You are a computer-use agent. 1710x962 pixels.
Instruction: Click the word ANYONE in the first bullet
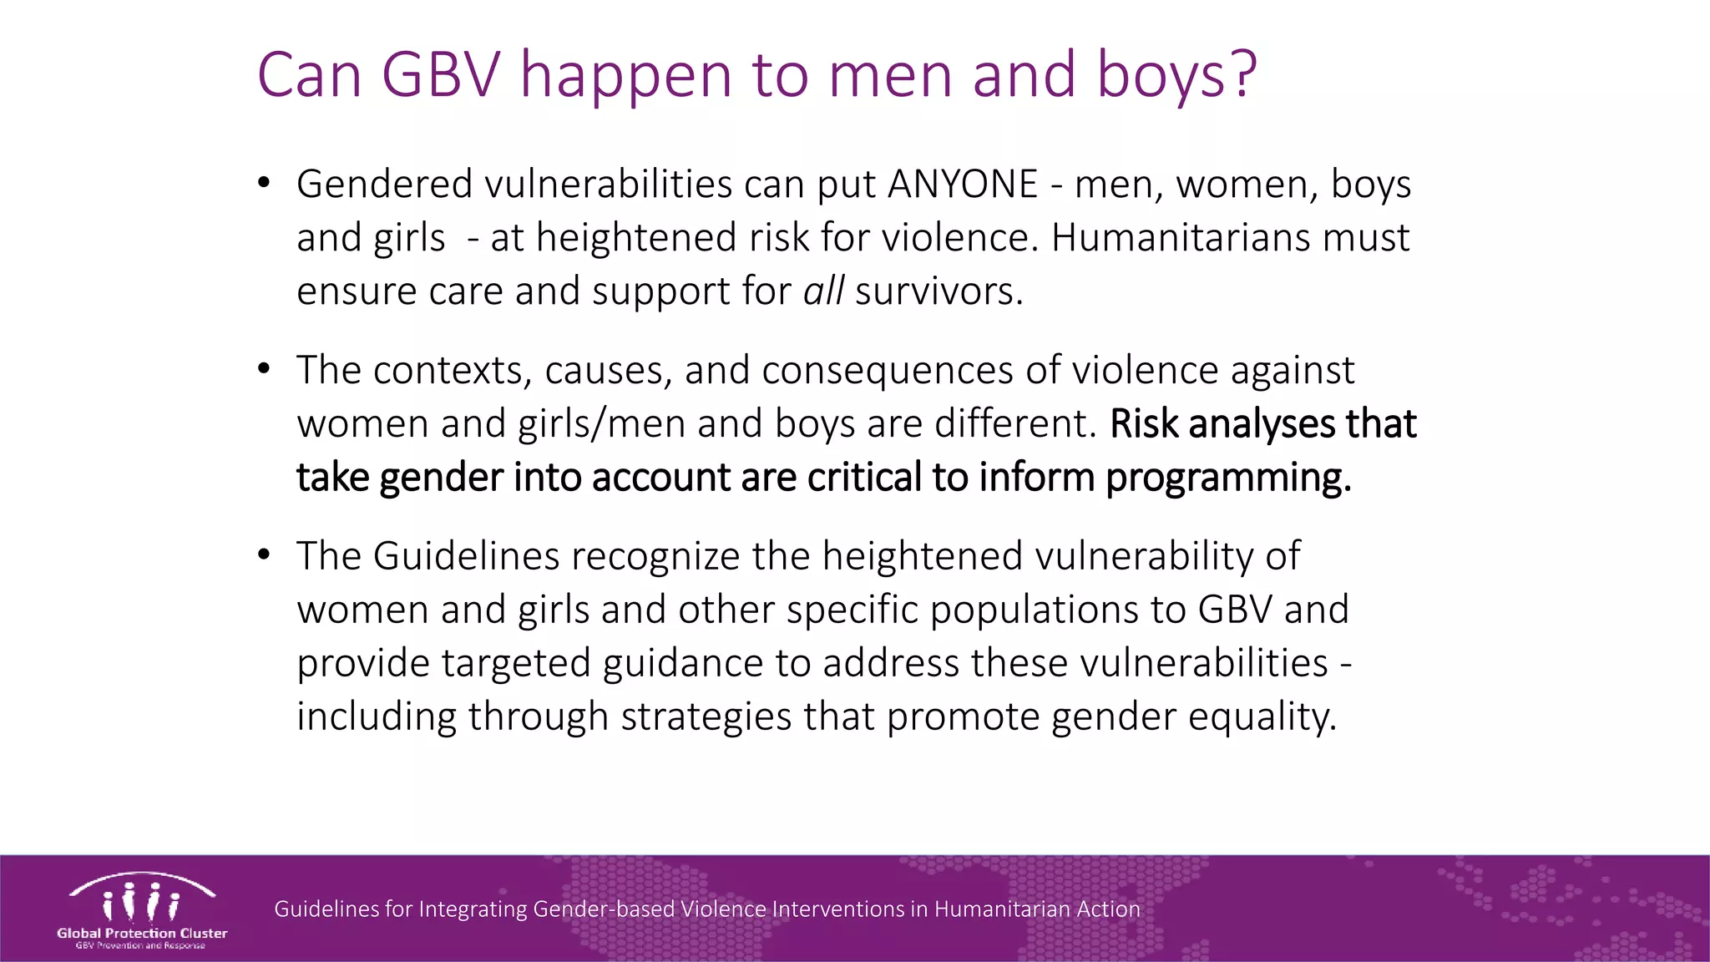tap(963, 184)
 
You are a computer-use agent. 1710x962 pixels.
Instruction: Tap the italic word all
tap(823, 291)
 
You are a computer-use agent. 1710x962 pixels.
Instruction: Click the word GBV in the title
tap(440, 75)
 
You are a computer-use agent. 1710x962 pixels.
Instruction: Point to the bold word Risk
tap(1145, 423)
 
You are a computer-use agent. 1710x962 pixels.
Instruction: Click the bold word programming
tap(1227, 478)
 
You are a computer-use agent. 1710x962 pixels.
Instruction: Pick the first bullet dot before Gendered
tap(264, 182)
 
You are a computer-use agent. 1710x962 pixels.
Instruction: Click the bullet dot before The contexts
tap(264, 368)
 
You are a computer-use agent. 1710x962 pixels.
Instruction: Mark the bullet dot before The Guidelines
tap(264, 554)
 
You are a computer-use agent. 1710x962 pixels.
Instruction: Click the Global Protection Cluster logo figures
tap(141, 901)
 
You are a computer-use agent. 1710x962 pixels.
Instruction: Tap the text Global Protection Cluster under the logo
tap(142, 933)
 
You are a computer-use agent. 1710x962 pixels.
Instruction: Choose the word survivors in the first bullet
tap(938, 291)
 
